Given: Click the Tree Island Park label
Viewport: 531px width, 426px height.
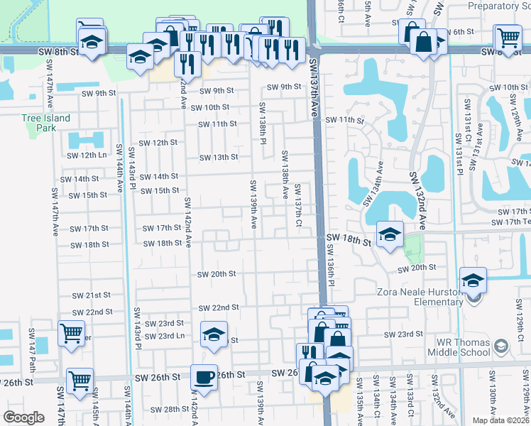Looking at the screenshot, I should point(45,123).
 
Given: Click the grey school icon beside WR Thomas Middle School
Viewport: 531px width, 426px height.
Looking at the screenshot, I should point(501,346).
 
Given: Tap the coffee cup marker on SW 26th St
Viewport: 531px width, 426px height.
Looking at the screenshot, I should point(204,378).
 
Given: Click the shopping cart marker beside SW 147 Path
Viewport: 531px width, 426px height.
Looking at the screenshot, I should point(71,334).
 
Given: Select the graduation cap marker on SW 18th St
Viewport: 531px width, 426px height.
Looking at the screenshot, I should point(389,236).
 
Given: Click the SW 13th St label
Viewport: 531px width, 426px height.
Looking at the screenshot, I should point(218,158).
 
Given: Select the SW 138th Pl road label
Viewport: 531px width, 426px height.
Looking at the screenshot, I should point(262,122).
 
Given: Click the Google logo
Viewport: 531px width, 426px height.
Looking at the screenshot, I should point(23,417).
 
